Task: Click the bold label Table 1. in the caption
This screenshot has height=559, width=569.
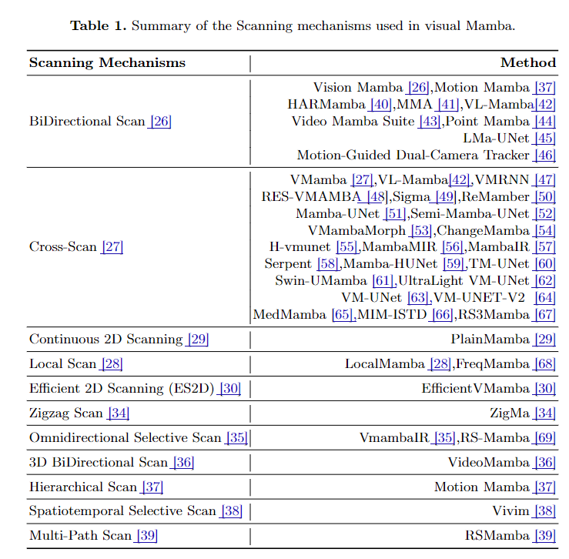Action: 99,26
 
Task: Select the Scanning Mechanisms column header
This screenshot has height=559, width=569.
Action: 107,63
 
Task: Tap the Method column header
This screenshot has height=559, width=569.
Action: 527,63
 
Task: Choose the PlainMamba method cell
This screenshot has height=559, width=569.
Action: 490,340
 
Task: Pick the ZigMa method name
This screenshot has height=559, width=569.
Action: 510,413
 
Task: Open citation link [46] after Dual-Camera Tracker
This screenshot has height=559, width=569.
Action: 544,156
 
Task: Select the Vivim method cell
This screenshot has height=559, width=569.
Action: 510,511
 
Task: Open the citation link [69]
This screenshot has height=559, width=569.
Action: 544,438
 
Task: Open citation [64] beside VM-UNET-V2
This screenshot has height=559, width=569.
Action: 544,298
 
